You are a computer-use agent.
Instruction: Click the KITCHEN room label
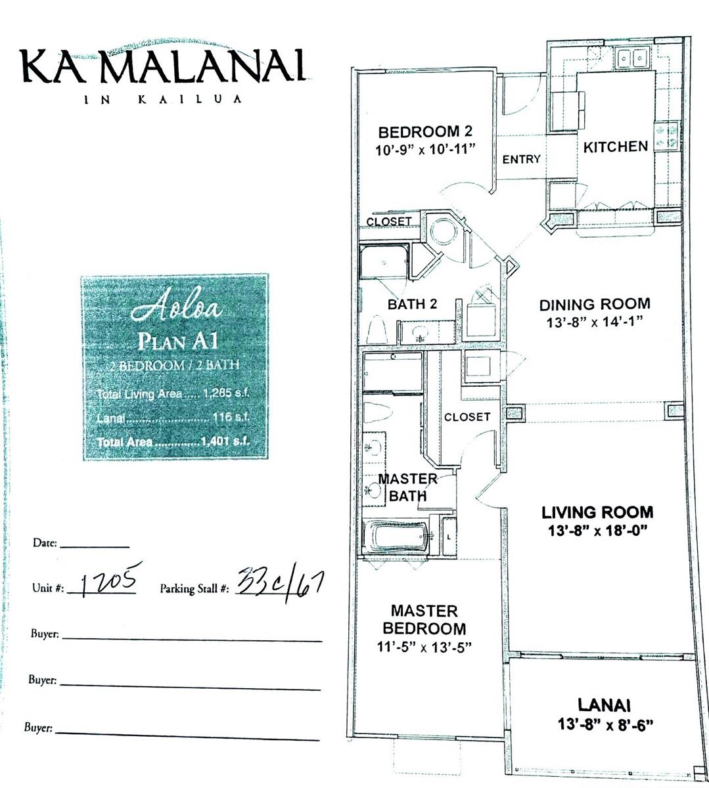615,146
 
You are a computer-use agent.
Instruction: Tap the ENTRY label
521,159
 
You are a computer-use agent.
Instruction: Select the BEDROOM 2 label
424,131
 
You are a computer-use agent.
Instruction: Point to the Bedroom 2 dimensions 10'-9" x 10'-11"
424,149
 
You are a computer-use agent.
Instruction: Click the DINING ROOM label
595,304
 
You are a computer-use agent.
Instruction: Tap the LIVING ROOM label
597,512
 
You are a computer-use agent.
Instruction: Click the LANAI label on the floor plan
604,705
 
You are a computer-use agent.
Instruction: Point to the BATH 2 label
412,304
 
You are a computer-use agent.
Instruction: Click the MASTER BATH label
407,487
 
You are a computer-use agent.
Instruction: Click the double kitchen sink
633,60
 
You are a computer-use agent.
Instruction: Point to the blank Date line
95,544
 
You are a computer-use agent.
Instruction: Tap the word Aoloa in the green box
175,309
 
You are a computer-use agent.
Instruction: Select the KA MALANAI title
164,65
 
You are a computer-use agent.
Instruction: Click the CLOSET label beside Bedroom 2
389,222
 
